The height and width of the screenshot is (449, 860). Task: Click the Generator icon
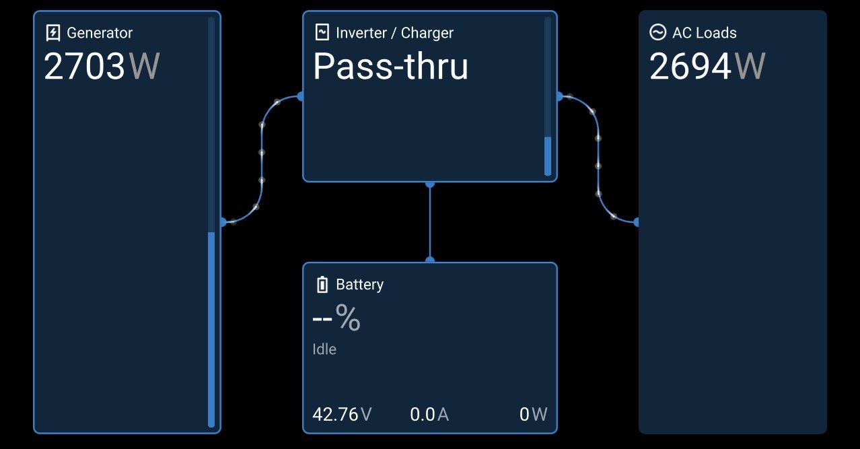(x=52, y=32)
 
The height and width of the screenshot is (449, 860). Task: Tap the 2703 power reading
(x=85, y=66)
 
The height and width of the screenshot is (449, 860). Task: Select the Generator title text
(x=100, y=32)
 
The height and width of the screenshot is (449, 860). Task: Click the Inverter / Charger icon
(x=322, y=32)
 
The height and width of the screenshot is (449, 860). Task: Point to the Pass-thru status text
(x=390, y=66)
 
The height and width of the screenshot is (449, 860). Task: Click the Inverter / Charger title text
(x=394, y=32)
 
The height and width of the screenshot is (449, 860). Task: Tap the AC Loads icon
(x=657, y=32)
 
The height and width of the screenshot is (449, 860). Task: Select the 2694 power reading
(x=690, y=66)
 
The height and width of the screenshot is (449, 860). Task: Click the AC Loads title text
(x=705, y=32)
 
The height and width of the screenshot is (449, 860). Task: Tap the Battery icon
(x=322, y=285)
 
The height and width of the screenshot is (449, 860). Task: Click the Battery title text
(x=359, y=285)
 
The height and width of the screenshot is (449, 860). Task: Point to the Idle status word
(x=324, y=349)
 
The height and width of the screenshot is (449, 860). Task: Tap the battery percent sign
(x=348, y=318)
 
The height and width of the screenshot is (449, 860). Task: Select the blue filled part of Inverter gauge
(x=547, y=156)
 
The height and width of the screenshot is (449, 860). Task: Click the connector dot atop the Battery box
(x=430, y=261)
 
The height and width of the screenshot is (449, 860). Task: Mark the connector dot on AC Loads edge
(x=637, y=222)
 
